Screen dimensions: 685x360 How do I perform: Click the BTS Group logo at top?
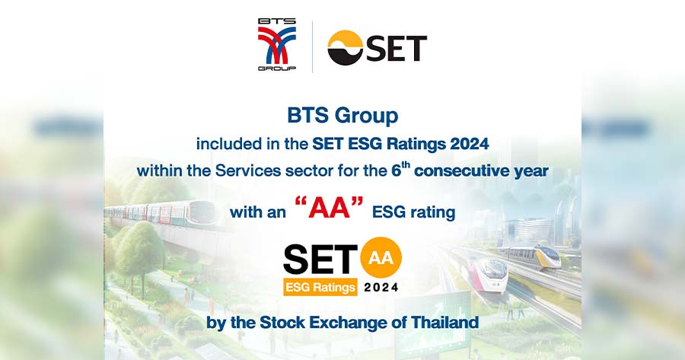point(277,45)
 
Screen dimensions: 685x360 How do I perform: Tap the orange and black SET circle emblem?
point(345,48)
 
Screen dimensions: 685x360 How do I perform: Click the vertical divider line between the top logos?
point(312,46)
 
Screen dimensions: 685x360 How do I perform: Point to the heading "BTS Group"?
point(342,116)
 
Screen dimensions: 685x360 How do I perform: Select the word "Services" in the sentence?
point(248,170)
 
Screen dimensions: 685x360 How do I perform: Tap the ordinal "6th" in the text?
point(400,169)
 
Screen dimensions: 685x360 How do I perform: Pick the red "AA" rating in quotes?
point(330,207)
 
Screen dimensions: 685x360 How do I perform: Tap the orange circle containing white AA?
point(381,257)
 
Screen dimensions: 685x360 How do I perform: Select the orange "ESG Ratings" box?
point(320,287)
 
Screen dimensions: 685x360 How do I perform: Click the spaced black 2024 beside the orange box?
point(381,287)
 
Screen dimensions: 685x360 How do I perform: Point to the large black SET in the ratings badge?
point(320,260)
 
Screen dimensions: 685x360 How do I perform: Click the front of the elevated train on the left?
point(202,213)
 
